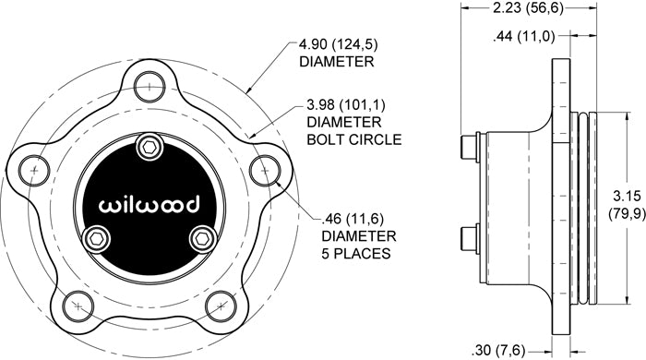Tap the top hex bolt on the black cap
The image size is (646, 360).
click(x=149, y=146)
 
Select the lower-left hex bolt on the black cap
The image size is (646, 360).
click(x=97, y=238)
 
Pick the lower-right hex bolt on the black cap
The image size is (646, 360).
click(x=202, y=238)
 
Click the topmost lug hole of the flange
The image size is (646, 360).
click(x=150, y=87)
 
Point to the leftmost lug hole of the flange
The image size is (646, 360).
click(x=34, y=170)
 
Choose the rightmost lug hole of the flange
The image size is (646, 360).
click(x=265, y=170)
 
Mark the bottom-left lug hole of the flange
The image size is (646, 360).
click(x=78, y=306)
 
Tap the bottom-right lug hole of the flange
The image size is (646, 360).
click(x=221, y=306)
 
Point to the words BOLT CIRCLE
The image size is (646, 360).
click(x=353, y=139)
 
